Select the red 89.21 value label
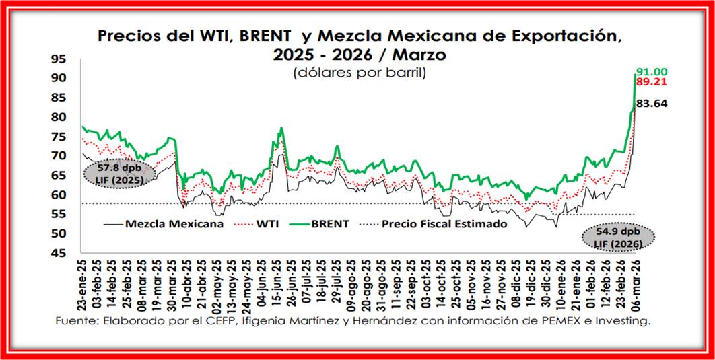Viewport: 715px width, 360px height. point(652,82)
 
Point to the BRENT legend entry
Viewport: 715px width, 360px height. point(329,225)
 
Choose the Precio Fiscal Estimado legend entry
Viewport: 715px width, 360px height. point(444,225)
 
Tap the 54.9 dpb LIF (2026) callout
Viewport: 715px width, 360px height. point(618,237)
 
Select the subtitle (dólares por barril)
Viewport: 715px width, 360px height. point(359,73)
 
